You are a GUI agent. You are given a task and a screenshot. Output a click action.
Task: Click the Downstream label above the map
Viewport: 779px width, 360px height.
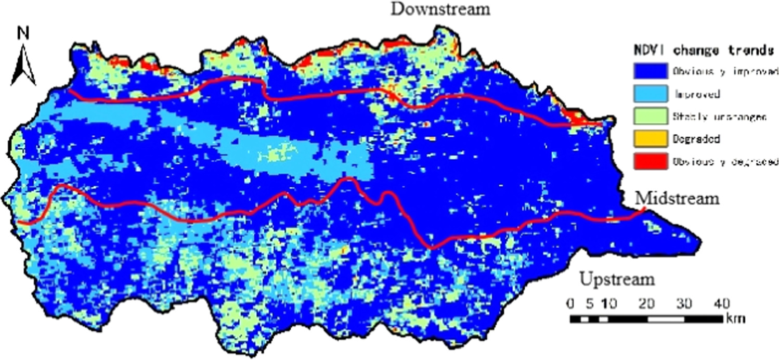pos(440,9)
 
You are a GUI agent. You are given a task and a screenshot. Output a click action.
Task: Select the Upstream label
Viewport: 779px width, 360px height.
pos(617,279)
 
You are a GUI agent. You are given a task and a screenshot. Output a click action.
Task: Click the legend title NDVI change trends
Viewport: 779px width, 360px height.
pos(703,51)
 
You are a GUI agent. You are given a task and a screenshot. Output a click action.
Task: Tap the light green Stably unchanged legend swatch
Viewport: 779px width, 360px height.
pos(650,116)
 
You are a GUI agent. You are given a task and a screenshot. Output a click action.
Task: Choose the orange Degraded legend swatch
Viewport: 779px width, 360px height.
pos(650,139)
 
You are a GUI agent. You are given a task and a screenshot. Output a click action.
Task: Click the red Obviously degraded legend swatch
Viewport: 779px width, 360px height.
pos(650,162)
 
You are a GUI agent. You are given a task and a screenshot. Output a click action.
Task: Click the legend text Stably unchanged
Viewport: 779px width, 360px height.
pos(719,117)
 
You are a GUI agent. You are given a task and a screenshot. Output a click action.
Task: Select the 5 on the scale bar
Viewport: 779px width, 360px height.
pos(588,303)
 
